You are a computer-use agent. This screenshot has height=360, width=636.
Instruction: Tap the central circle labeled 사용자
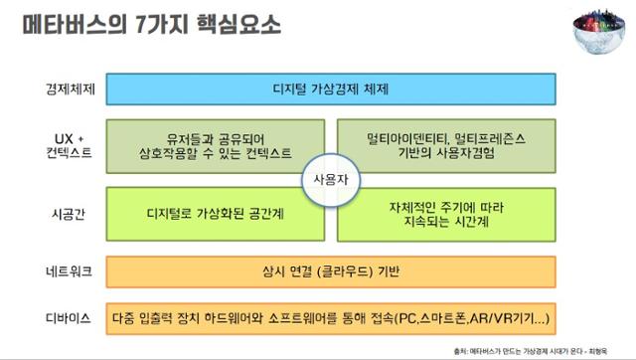[x=332, y=180]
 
